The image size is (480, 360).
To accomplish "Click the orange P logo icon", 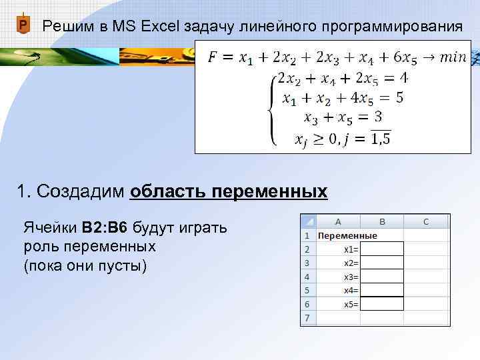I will click(x=23, y=26).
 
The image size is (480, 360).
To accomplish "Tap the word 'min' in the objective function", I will click(x=453, y=57).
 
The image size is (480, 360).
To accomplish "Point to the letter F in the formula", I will click(x=212, y=57).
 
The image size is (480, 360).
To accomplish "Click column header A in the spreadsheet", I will click(x=338, y=221).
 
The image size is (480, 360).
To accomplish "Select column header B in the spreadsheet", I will click(x=382, y=221).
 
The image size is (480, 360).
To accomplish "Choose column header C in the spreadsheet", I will click(x=426, y=221).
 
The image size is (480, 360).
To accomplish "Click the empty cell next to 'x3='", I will click(x=382, y=277).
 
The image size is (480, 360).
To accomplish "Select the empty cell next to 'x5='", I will click(x=382, y=304).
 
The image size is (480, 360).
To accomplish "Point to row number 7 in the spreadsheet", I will click(x=307, y=318).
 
